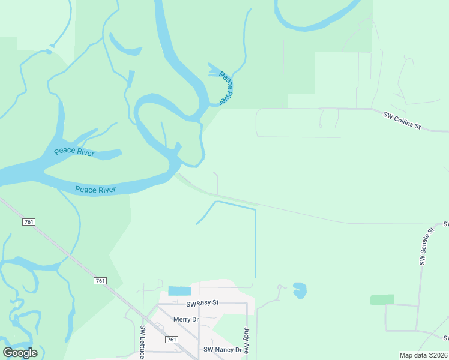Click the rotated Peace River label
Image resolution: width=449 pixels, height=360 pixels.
pyautogui.click(x=226, y=88)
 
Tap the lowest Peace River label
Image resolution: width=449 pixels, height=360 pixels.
pyautogui.click(x=95, y=190)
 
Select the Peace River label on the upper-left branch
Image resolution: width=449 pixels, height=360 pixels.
pyautogui.click(x=74, y=151)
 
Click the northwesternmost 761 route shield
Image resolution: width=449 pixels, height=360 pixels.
pyautogui.click(x=29, y=222)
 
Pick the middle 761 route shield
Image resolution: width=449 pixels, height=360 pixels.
pyautogui.click(x=100, y=281)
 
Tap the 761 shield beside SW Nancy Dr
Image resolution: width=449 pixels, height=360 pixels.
pyautogui.click(x=172, y=340)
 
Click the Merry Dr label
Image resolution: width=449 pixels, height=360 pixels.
pyautogui.click(x=185, y=319)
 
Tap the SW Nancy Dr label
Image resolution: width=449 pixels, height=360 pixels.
pyautogui.click(x=222, y=349)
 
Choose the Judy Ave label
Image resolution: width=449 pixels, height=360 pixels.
pyautogui.click(x=246, y=341)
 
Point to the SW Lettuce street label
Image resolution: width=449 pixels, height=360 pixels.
pyautogui.click(x=143, y=342)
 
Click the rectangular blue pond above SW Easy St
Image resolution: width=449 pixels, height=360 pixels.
pyautogui.click(x=179, y=291)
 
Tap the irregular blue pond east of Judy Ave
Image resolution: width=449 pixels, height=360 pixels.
pyautogui.click(x=300, y=290)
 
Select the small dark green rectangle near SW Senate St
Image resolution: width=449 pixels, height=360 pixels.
pyautogui.click(x=382, y=299)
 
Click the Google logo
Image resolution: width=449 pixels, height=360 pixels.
pyautogui.click(x=20, y=353)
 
